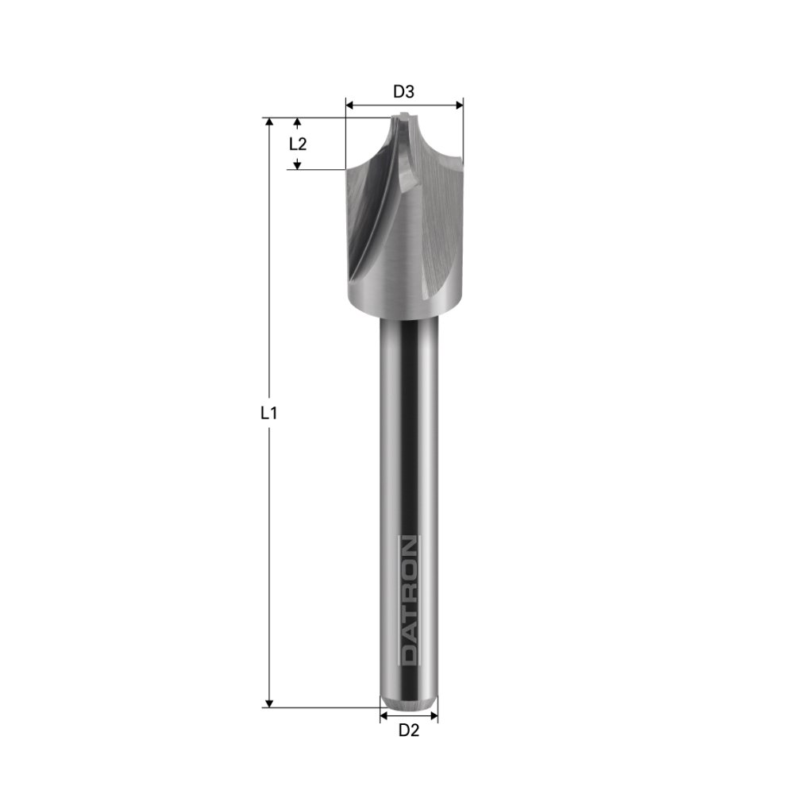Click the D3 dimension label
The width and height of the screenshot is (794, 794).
click(404, 91)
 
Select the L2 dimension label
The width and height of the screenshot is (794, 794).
click(298, 144)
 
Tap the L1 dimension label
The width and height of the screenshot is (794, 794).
click(269, 413)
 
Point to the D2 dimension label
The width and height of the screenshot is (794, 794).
click(408, 730)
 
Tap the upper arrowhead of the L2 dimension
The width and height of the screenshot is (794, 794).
click(298, 123)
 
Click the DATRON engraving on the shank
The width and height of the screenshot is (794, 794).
click(408, 600)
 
